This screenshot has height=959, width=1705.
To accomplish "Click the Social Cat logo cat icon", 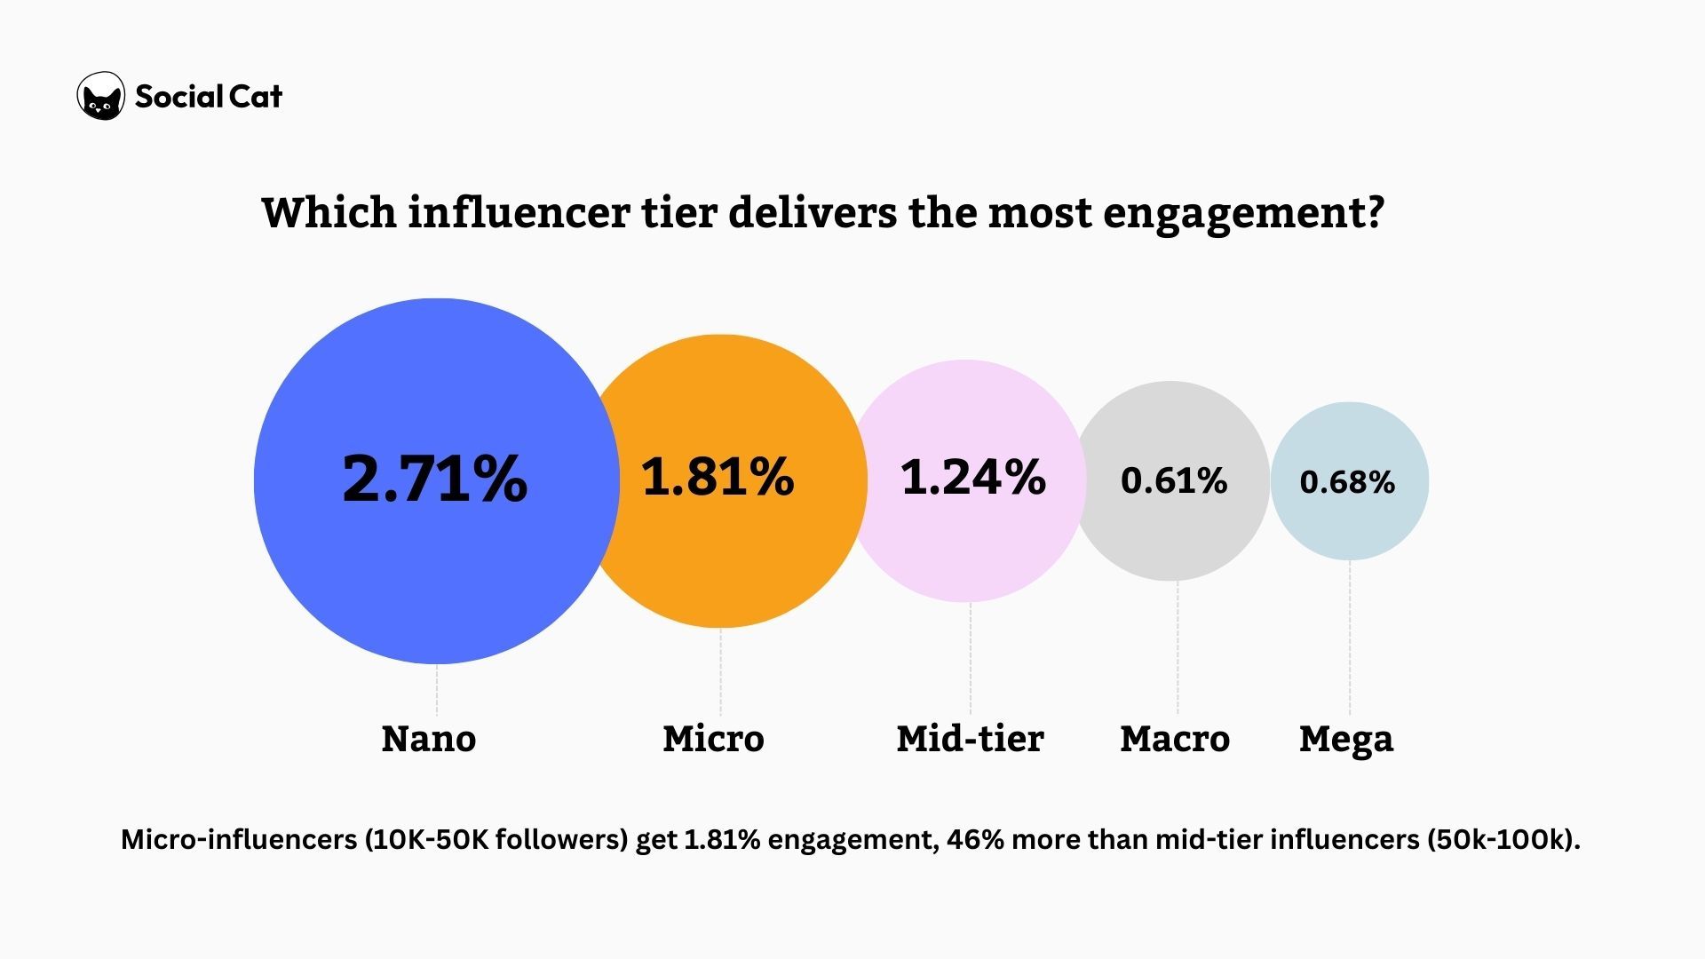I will click(101, 96).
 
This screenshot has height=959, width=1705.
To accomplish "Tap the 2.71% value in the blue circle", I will click(434, 479).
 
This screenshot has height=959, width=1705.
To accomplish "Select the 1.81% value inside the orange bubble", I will click(718, 476).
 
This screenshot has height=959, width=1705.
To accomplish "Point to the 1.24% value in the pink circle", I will click(972, 477).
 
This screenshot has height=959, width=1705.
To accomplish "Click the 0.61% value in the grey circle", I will click(1173, 480).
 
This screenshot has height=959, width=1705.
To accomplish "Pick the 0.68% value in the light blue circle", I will click(1347, 482).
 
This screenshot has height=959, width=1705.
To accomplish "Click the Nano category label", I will click(429, 739).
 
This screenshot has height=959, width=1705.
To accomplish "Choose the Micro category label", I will click(713, 739).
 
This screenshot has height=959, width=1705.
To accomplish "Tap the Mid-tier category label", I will click(970, 739).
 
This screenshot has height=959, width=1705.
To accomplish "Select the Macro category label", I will click(1174, 739).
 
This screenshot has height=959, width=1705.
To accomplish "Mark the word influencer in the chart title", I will click(519, 213).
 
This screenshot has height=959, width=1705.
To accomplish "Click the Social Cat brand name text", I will click(209, 96).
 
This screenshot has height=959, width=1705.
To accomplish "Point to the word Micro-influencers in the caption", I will click(238, 839).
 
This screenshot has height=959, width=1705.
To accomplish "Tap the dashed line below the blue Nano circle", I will click(436, 690).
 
